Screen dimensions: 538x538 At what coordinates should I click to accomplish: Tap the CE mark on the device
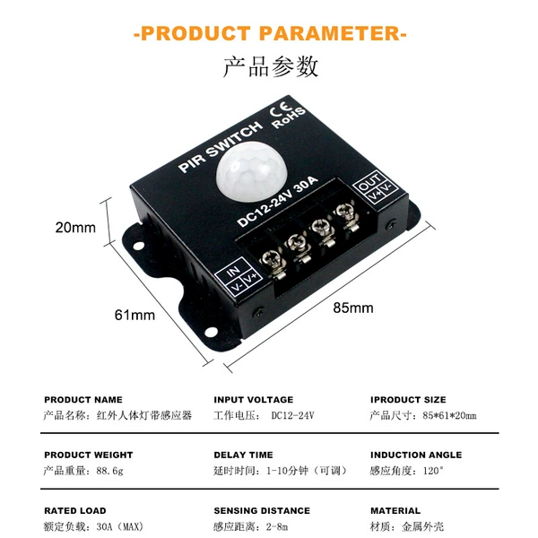(x=280, y=108)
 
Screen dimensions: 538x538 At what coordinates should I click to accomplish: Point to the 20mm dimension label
(x=75, y=228)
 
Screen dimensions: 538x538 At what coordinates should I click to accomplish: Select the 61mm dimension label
(x=134, y=315)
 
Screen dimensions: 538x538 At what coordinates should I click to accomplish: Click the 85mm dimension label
(x=353, y=308)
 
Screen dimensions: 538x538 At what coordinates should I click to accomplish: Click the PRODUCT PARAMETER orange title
(x=270, y=34)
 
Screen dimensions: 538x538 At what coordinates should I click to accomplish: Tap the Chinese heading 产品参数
(x=271, y=66)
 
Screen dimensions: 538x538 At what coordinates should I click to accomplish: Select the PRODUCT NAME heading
(x=83, y=400)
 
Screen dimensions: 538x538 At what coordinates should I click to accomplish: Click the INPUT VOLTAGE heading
(x=254, y=400)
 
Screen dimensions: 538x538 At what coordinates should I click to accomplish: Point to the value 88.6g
(x=109, y=471)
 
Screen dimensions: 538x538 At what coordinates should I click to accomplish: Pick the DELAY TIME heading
(x=243, y=455)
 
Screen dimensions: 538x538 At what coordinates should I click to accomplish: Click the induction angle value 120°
(x=433, y=471)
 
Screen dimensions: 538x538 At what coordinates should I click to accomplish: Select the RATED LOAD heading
(x=75, y=510)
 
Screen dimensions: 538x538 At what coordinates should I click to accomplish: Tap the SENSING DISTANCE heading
(x=262, y=510)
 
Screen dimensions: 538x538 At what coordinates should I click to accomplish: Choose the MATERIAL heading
(x=395, y=510)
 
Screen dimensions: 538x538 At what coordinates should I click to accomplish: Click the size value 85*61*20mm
(x=449, y=415)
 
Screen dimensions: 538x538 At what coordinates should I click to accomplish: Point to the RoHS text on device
(x=289, y=118)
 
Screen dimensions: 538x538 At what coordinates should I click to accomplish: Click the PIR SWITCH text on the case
(x=221, y=147)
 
